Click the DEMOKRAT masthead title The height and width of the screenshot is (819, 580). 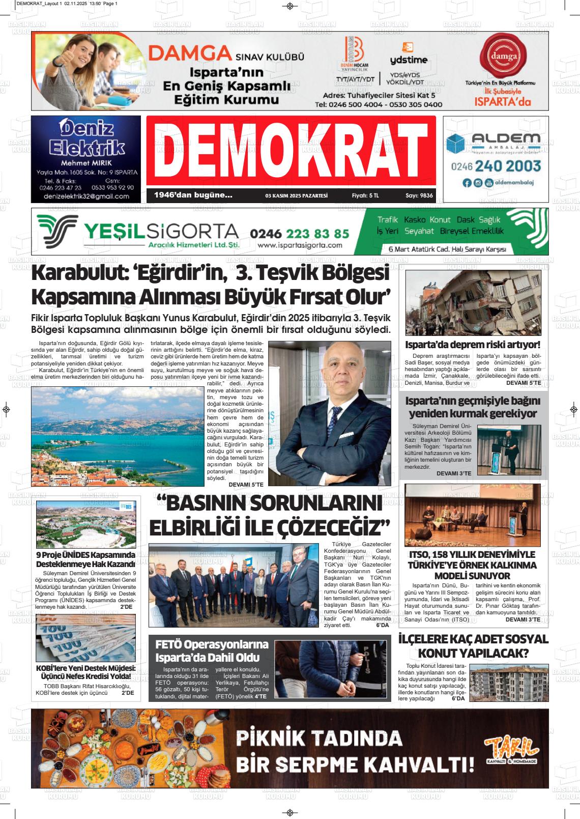(x=291, y=150)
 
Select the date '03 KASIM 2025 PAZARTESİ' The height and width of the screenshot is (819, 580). (x=296, y=195)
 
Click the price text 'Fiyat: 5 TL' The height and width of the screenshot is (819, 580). (x=365, y=195)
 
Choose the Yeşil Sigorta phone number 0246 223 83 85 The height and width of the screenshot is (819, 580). (x=300, y=233)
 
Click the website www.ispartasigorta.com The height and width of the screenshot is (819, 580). (x=300, y=245)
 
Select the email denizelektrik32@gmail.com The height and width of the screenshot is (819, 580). (x=86, y=196)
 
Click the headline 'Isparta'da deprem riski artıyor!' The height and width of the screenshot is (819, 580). (x=473, y=345)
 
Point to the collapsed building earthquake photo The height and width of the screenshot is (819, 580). (x=473, y=302)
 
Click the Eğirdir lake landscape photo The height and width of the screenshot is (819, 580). (x=118, y=434)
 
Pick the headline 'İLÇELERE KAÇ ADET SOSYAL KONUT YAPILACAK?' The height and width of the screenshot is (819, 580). (x=473, y=645)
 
